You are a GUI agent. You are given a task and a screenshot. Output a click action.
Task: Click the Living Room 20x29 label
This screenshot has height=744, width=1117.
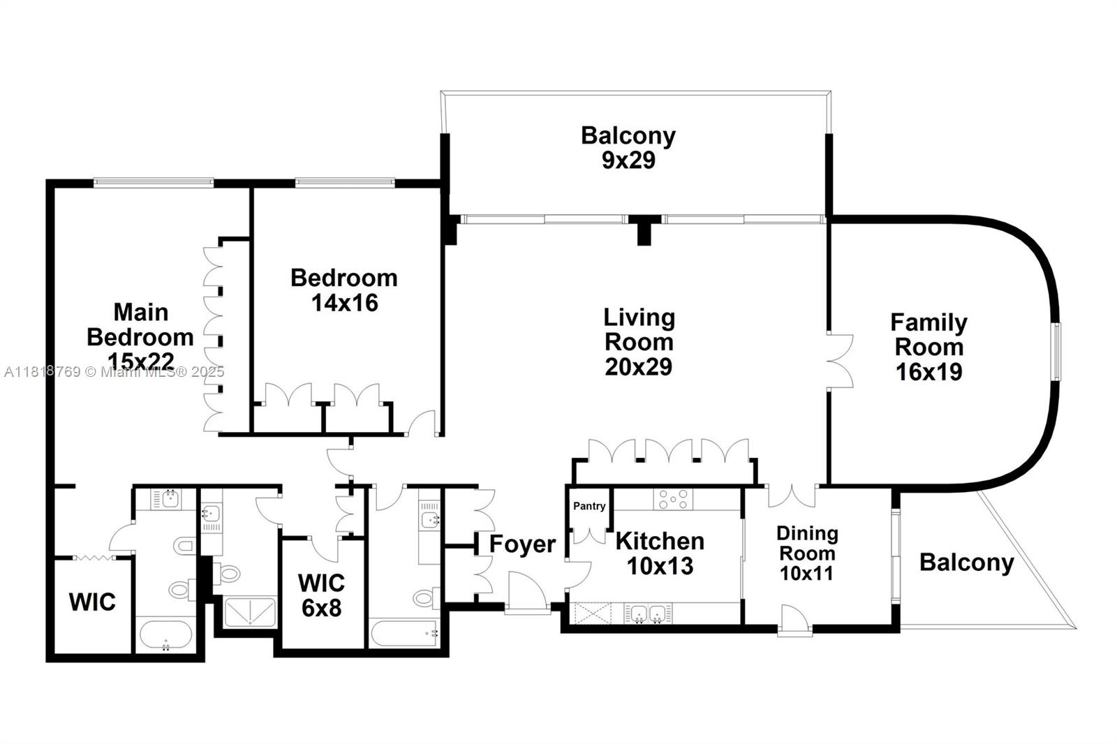click(639, 342)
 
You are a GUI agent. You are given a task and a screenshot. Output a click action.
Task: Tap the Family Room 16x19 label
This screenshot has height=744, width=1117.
click(929, 347)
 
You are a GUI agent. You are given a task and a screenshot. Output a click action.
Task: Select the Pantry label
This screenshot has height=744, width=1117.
click(589, 506)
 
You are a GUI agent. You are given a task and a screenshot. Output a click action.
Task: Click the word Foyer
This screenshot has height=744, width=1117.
click(522, 544)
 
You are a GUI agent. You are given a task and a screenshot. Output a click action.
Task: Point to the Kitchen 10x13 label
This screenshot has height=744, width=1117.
click(659, 553)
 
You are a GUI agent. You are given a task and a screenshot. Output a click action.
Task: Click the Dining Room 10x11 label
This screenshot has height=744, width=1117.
click(807, 553)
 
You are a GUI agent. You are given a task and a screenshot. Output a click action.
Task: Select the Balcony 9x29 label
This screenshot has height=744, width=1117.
click(628, 147)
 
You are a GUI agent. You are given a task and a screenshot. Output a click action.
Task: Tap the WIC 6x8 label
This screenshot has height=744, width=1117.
click(321, 595)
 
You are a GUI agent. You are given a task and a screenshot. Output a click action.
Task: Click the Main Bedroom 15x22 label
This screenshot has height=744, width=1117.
click(140, 336)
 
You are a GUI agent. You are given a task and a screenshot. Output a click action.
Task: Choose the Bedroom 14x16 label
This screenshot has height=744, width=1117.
click(344, 290)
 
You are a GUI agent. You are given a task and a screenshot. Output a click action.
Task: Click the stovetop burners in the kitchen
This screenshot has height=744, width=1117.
click(673, 499)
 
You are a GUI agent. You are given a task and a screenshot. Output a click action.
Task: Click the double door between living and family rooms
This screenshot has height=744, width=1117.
click(838, 361)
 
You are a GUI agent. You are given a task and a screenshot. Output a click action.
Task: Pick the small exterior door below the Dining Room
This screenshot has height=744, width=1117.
click(794, 620)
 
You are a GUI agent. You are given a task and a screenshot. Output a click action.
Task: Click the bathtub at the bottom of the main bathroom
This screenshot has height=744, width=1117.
click(165, 636)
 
